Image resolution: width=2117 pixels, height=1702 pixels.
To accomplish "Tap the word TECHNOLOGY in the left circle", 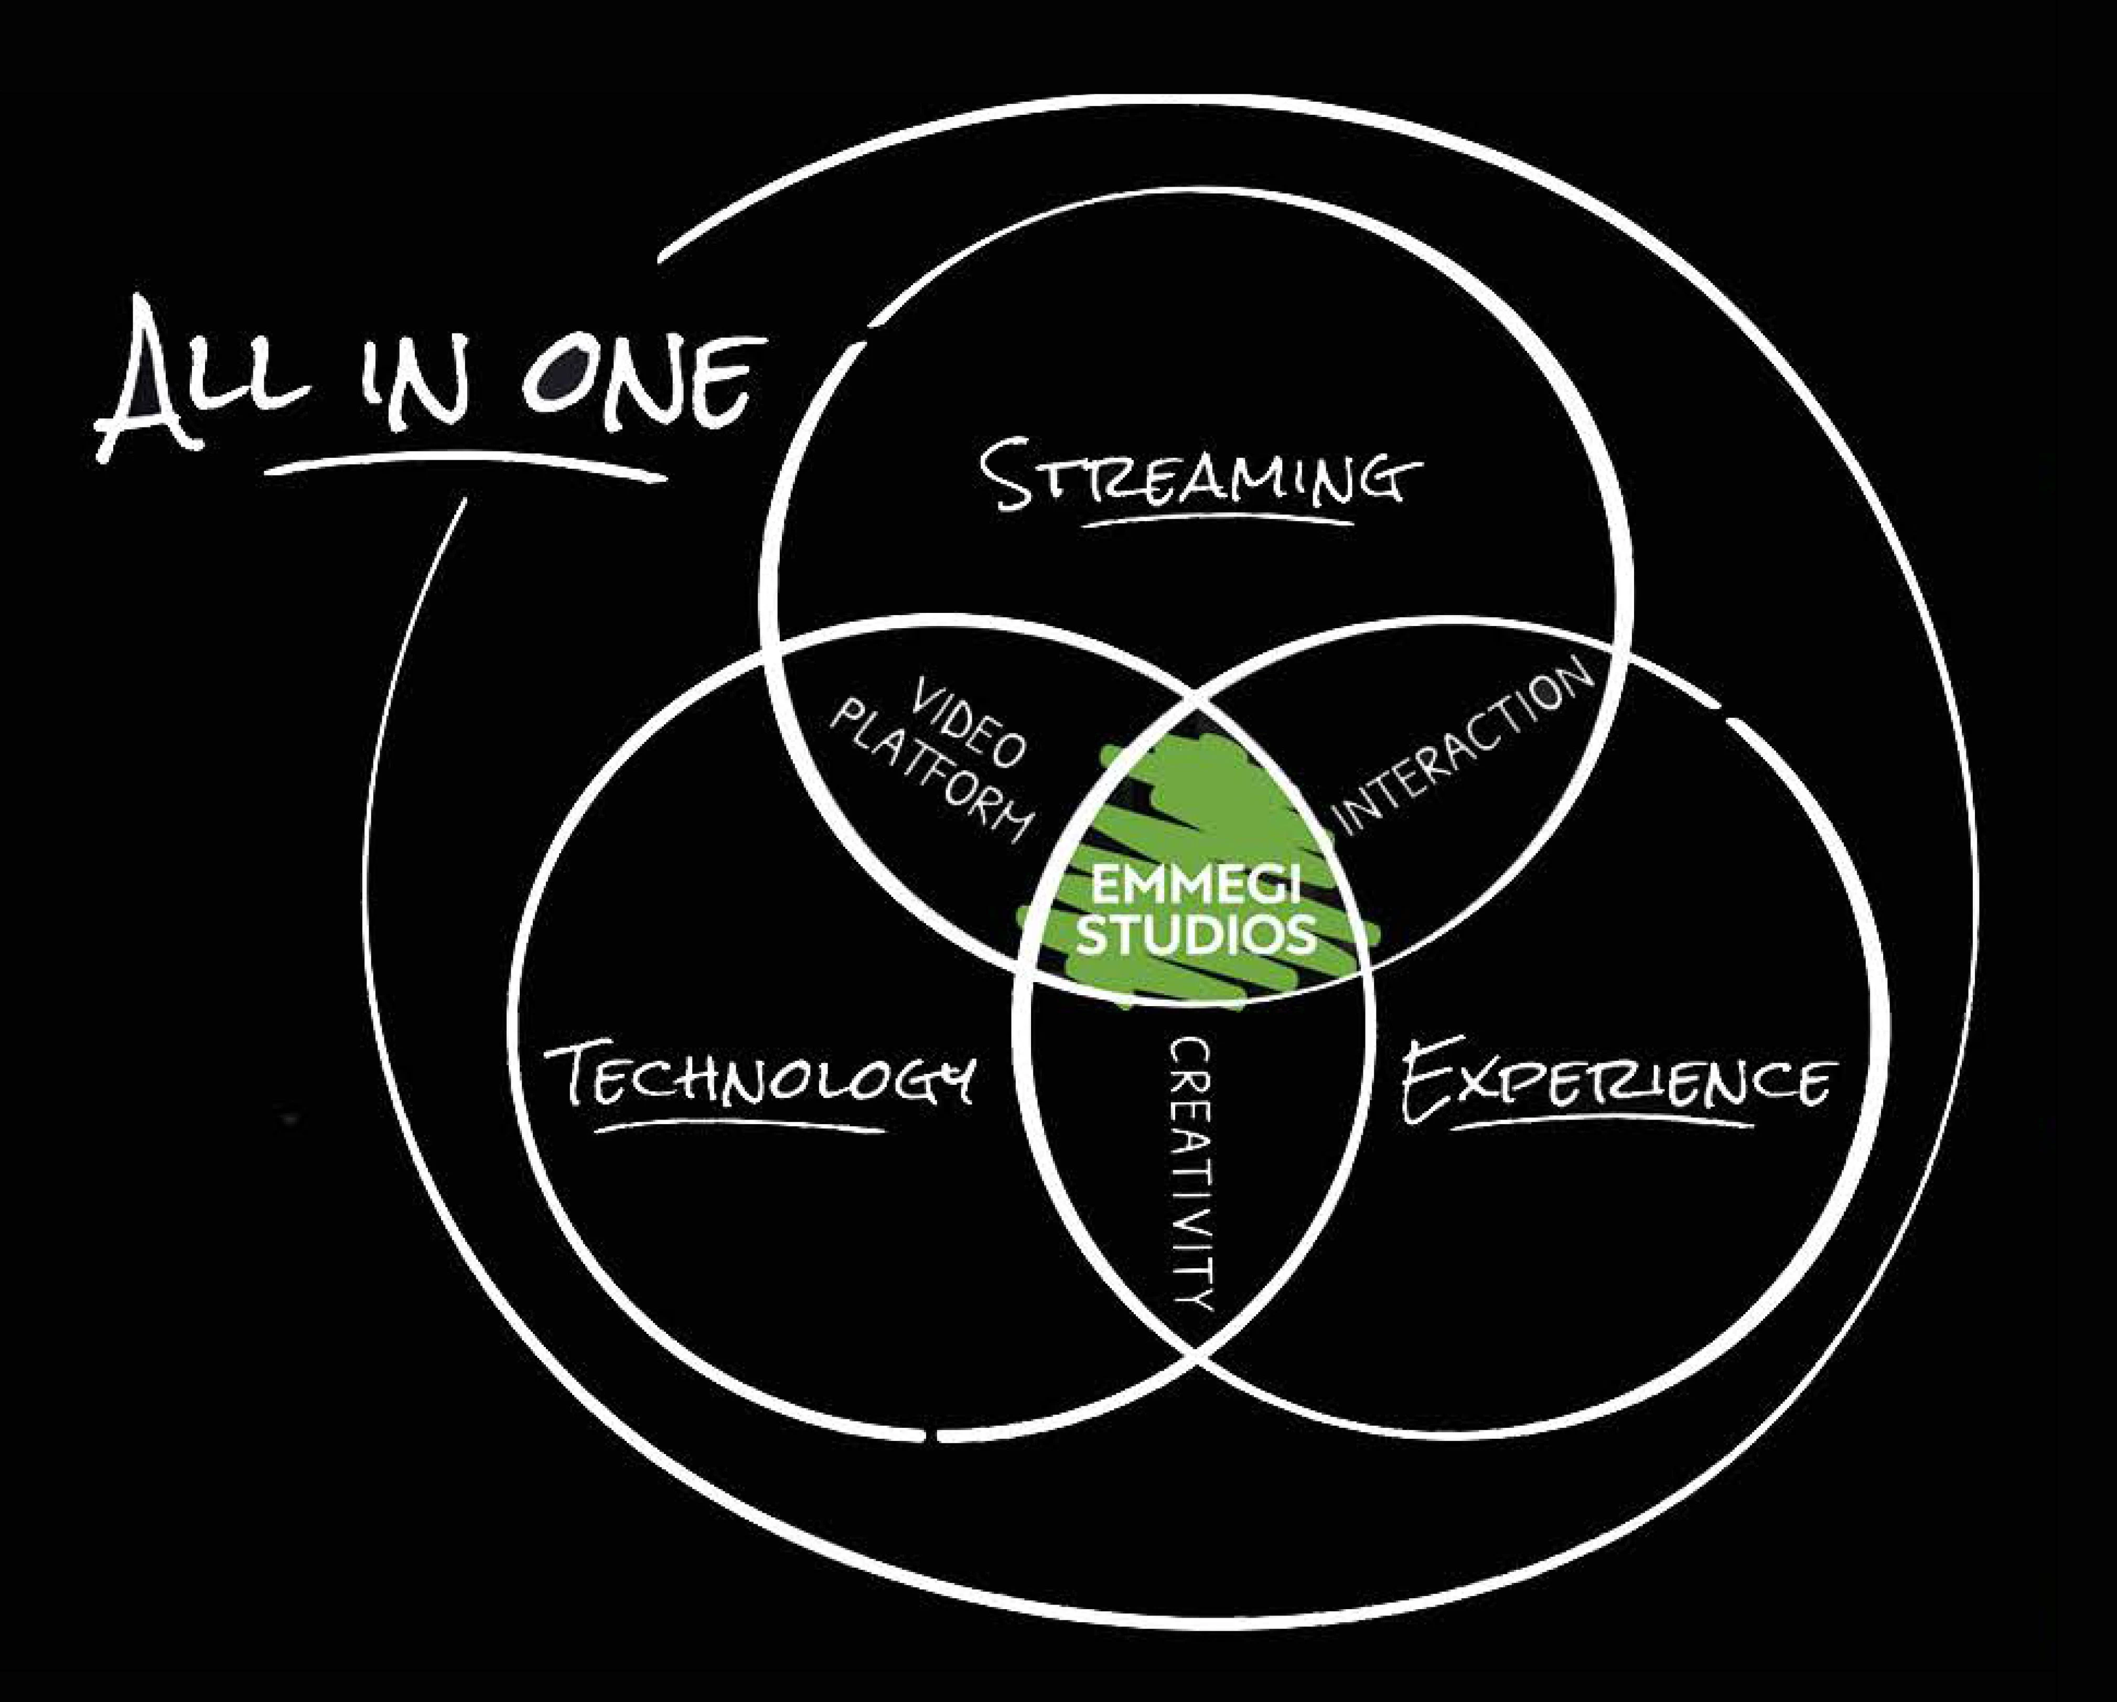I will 761,1080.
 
